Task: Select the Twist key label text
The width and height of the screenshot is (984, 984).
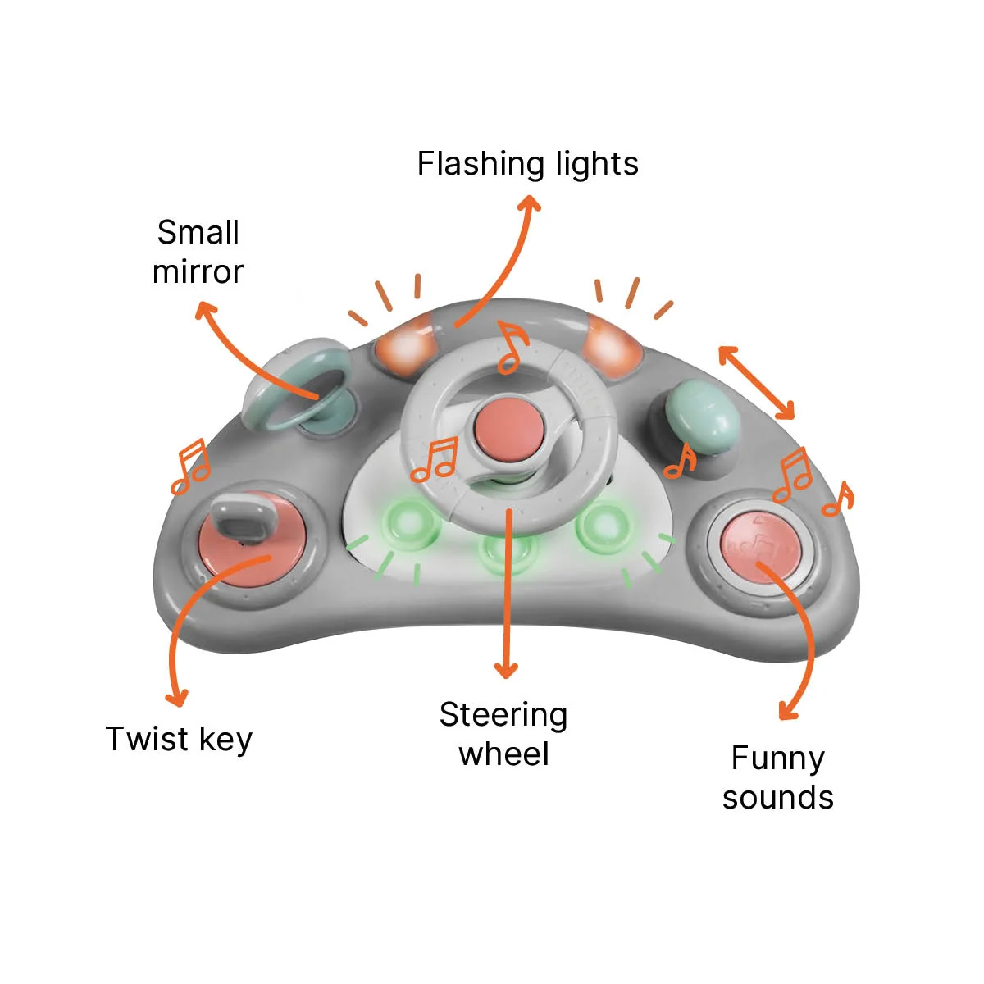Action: click(x=180, y=740)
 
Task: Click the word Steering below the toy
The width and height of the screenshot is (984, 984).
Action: click(x=503, y=716)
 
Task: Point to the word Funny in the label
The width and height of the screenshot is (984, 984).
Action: click(x=777, y=759)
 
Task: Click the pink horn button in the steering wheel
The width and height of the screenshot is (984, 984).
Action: click(x=508, y=428)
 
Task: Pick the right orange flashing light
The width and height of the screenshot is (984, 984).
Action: click(x=613, y=346)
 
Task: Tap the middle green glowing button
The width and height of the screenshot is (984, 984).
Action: click(x=508, y=553)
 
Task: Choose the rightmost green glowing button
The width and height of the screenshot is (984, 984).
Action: click(x=604, y=526)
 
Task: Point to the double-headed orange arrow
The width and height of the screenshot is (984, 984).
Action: click(x=756, y=382)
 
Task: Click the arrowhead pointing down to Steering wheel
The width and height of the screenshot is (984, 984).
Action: click(x=506, y=671)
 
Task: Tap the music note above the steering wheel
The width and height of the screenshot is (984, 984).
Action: click(x=513, y=347)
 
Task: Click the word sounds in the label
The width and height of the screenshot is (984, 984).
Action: click(x=777, y=798)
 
